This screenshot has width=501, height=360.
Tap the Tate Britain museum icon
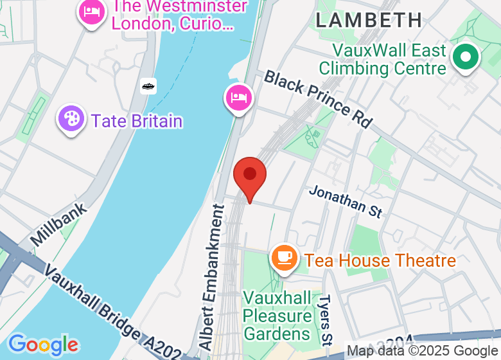point(71,120)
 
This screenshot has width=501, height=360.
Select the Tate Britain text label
point(137,121)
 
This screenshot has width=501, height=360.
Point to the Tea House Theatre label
point(380,260)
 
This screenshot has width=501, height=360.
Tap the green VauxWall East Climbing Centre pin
point(465,58)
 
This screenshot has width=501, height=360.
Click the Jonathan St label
point(346,201)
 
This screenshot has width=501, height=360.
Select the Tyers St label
point(326,318)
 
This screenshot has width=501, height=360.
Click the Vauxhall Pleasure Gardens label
point(277,316)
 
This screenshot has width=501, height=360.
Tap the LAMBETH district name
point(369,19)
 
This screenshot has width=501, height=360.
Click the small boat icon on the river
point(148,85)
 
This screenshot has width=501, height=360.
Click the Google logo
point(43,344)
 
